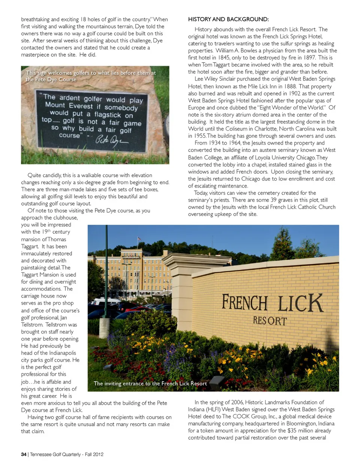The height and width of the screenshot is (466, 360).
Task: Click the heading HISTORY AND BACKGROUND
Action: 228,19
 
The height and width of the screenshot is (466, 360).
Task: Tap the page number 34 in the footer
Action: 24,454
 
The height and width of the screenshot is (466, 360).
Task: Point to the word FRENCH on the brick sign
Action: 244,303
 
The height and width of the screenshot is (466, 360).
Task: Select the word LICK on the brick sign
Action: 300,303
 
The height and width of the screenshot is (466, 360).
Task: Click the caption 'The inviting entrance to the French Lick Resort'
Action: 150,383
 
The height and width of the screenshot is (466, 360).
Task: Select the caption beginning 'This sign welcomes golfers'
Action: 90,76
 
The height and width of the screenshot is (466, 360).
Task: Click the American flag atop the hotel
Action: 139,239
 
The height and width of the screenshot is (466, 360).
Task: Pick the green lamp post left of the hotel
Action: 106,270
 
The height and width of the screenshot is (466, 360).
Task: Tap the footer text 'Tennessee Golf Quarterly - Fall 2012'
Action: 67,454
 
